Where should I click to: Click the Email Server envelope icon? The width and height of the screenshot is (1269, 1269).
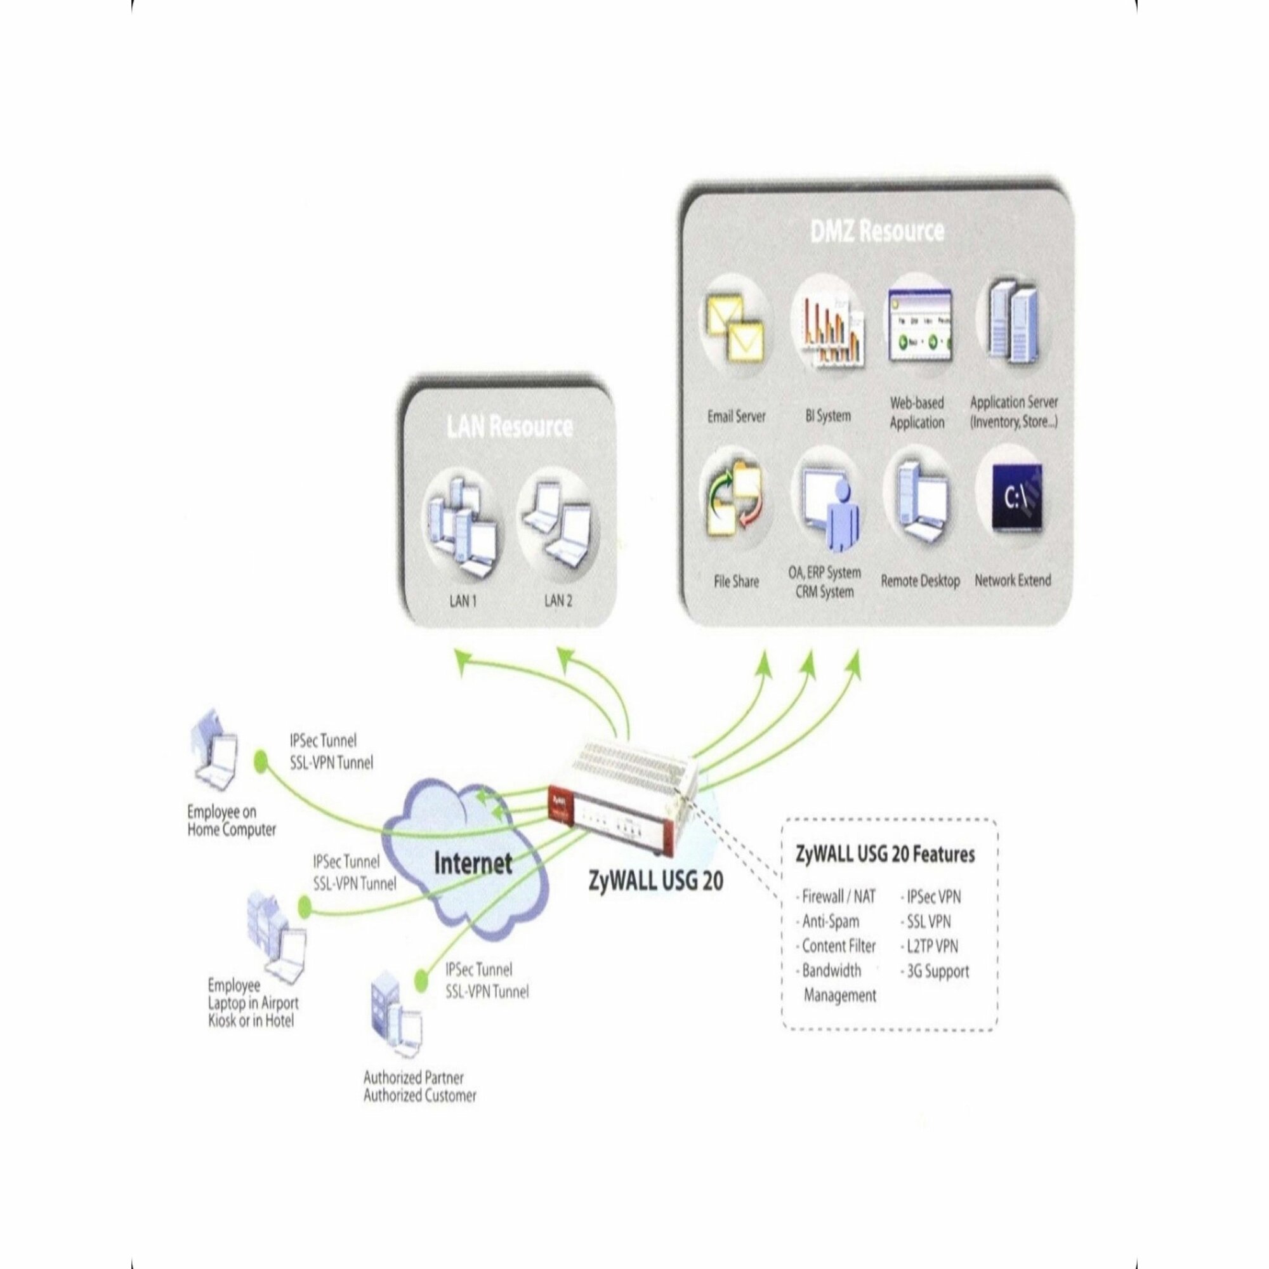[x=734, y=328]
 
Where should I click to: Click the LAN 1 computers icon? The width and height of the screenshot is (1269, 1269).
[x=462, y=525]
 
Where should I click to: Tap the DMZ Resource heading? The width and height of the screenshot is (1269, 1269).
[x=877, y=231]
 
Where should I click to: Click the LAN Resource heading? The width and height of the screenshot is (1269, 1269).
[x=510, y=427]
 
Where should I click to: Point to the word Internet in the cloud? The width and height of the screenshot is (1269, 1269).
[x=473, y=862]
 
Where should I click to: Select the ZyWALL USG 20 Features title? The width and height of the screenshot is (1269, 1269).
[x=884, y=855]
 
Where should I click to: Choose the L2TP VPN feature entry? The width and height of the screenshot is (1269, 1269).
[x=931, y=947]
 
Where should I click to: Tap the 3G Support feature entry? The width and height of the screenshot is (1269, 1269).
[x=937, y=971]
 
